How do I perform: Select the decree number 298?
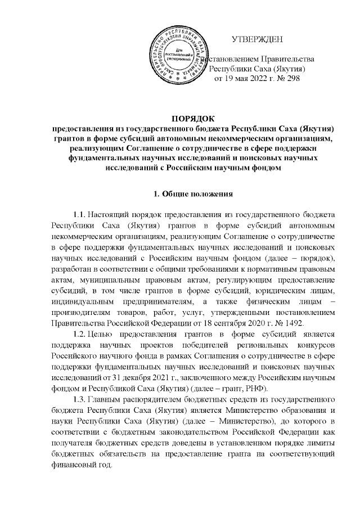(293, 79)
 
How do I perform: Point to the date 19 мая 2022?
(246, 79)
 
